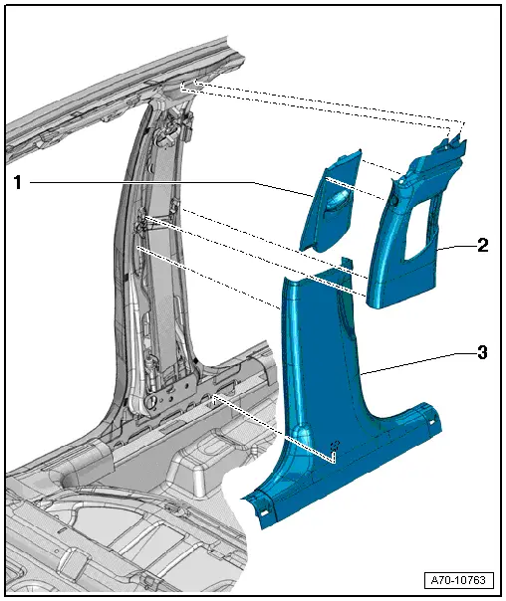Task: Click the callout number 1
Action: [x=17, y=183]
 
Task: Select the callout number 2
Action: [x=482, y=244]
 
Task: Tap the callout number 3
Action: [x=482, y=352]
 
